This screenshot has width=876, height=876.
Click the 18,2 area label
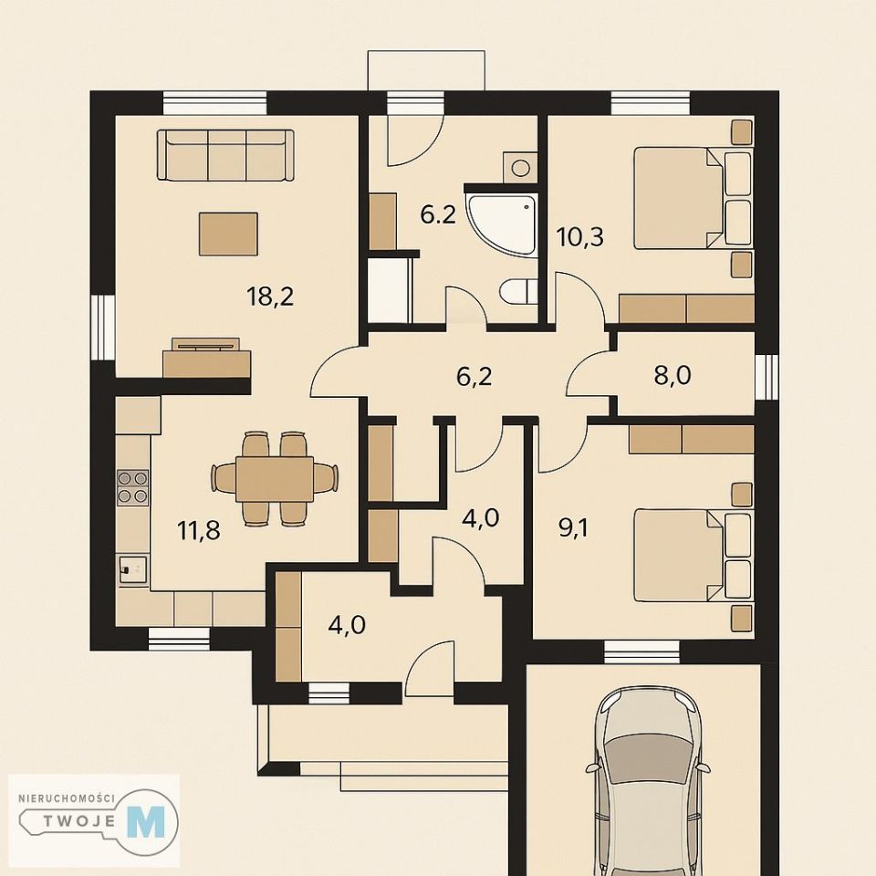coord(270,296)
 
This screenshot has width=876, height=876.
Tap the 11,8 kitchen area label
coord(198,530)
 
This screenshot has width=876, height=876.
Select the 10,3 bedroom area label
coord(580,237)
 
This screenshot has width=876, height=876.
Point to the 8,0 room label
coord(673,375)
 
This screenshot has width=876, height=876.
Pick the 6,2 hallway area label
coord(474,377)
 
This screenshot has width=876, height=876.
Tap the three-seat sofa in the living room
coord(225,155)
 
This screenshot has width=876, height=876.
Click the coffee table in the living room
coord(228,234)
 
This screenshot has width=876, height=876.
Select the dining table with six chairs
coord(275,478)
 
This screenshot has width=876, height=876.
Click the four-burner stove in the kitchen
coord(133,487)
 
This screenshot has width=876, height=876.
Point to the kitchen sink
coord(131,569)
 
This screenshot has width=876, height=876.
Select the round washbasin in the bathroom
coord(519,167)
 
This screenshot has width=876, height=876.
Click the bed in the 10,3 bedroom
coord(693,197)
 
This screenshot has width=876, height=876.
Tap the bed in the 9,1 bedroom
coord(693,555)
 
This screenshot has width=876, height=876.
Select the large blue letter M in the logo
coord(146,821)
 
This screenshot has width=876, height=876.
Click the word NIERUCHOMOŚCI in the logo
coord(67,798)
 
